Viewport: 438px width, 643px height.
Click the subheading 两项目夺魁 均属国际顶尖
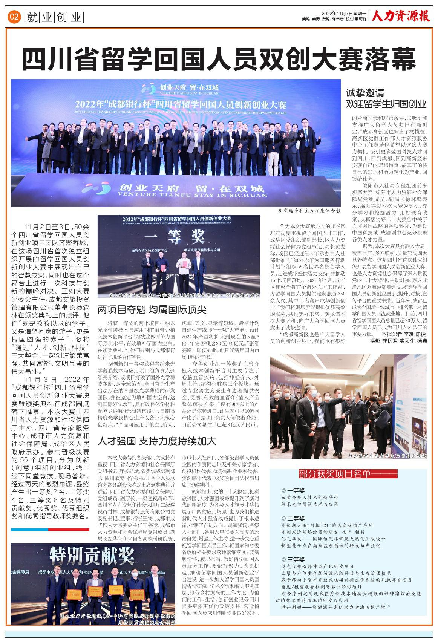tap(152, 310)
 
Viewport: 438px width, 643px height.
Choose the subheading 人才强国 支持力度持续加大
tap(156, 441)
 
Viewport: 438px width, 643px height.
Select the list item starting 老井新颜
tap(335, 607)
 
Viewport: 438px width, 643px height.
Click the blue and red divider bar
tap(50, 530)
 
